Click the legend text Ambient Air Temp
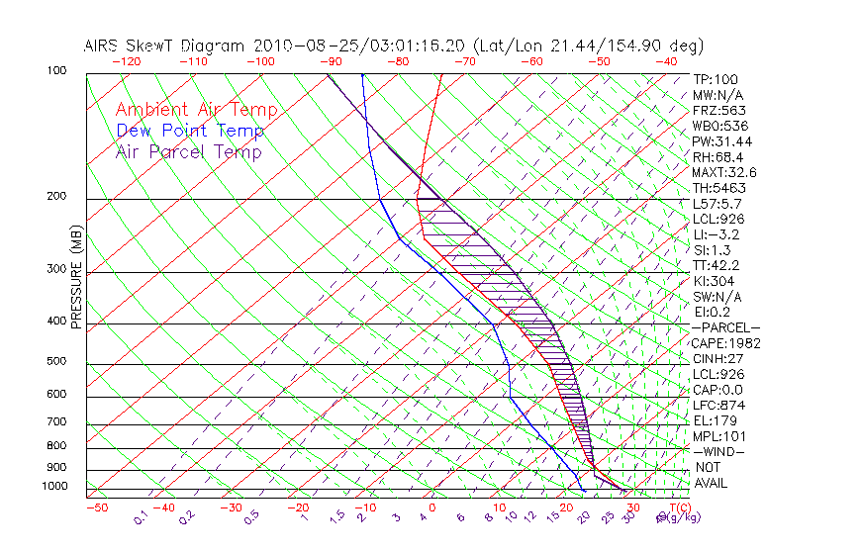(196, 110)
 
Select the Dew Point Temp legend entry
(190, 131)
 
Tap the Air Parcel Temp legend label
(188, 151)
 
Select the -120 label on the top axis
(127, 61)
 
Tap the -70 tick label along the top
(464, 61)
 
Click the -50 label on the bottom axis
(96, 508)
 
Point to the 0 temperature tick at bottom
(432, 508)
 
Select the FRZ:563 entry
(718, 110)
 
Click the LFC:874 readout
(718, 405)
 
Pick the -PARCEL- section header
(725, 327)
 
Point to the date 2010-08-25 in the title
(301, 46)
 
